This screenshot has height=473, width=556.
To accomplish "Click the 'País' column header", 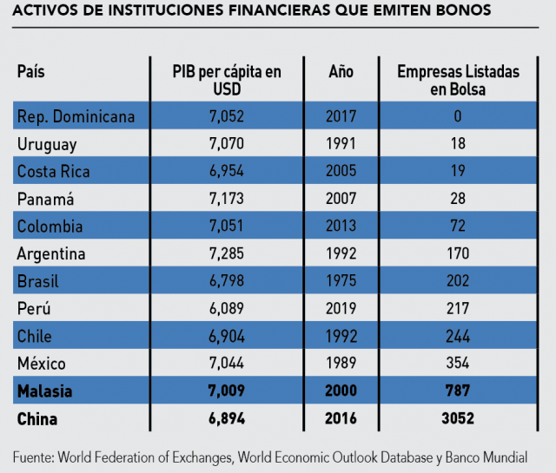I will tap(30, 72).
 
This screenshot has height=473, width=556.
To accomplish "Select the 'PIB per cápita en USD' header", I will tap(228, 81).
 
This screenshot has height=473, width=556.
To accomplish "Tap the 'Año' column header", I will tap(341, 72).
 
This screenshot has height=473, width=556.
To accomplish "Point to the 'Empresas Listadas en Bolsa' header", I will tap(458, 81).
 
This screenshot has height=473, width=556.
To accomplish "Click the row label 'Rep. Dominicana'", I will tap(76, 116).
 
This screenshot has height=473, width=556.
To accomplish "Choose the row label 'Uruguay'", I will tap(47, 144).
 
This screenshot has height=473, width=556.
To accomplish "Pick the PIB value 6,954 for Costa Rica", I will tap(228, 172).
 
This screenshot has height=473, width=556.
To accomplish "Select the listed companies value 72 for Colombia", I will tap(458, 227).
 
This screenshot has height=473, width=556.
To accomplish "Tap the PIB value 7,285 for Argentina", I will tap(228, 254).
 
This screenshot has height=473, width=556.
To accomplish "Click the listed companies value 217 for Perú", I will tap(458, 309).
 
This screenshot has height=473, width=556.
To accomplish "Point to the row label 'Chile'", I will tap(35, 336).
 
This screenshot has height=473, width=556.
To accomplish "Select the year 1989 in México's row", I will tap(341, 364).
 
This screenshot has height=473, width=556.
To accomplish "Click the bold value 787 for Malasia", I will tap(458, 391).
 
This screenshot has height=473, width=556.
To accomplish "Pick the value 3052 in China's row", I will tap(458, 419).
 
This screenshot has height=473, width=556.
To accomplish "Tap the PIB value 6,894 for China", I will tap(228, 419).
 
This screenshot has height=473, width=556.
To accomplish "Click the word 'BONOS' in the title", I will tap(465, 11).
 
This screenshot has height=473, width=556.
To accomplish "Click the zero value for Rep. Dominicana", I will tap(458, 116).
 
